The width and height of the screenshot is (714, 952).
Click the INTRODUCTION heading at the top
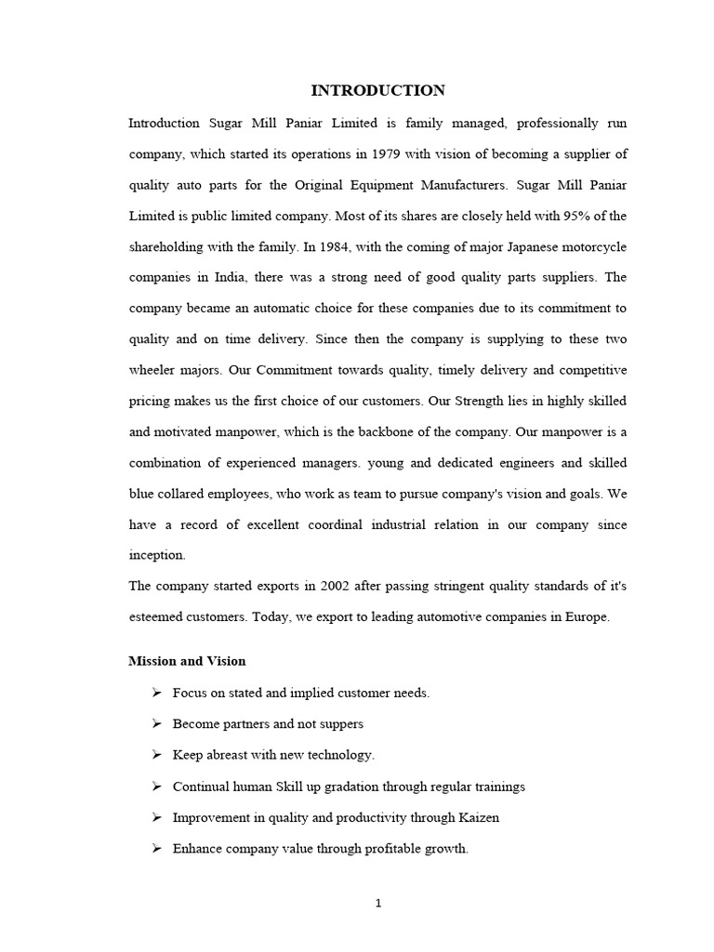(377, 90)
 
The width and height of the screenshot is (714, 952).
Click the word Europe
(588, 616)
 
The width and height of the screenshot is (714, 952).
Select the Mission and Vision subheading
(187, 661)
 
